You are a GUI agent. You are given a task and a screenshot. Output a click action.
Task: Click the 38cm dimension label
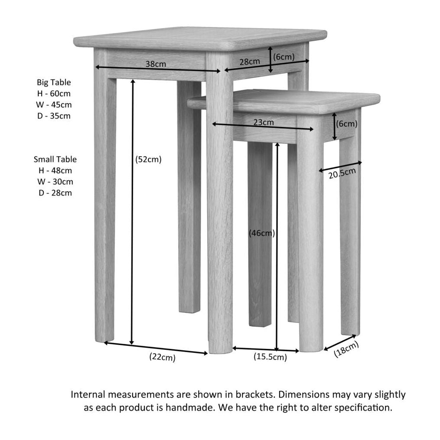coord(155,64)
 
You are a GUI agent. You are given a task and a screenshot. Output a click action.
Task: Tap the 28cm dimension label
coord(250,62)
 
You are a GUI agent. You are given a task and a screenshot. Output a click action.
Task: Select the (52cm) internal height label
coord(148,160)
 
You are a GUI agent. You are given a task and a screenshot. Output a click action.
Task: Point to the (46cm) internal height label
coord(262,233)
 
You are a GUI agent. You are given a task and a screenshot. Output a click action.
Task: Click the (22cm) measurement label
coord(162,357)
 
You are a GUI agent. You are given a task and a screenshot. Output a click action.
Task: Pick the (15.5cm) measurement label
coord(270,357)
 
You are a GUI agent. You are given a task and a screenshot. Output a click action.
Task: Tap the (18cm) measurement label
coord(346,349)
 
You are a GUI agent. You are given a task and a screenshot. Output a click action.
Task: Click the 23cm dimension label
coord(263,122)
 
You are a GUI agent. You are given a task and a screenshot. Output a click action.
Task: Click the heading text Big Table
coord(54,82)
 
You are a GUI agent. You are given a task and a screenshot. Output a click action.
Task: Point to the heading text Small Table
coord(55,160)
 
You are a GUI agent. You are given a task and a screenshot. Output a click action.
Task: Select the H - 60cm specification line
coord(54,94)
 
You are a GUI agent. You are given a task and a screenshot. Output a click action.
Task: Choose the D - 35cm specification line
coord(54,116)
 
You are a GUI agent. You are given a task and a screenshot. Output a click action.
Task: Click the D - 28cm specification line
coord(55,193)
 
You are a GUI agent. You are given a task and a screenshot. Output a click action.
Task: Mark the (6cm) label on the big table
coord(284,57)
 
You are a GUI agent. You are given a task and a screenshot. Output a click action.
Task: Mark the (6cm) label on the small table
coord(347,124)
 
